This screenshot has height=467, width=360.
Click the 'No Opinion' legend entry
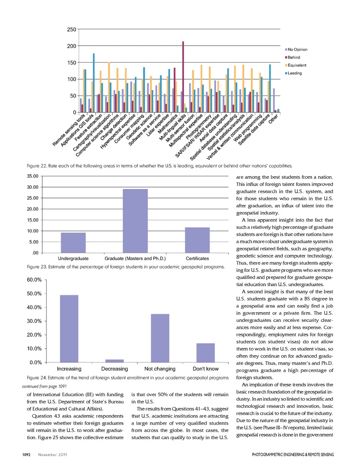[x=297, y=50]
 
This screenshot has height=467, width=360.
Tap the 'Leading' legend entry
[x=294, y=73]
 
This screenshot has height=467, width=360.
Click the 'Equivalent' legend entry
[x=297, y=65]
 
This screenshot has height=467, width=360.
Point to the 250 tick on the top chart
[x=71, y=30]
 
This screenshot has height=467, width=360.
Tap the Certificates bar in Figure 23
[x=197, y=240]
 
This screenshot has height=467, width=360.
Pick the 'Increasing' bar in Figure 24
[x=69, y=328]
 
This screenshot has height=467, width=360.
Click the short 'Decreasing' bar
[x=114, y=361]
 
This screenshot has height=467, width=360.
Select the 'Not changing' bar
[x=160, y=338]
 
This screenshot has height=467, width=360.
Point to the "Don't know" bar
[x=205, y=353]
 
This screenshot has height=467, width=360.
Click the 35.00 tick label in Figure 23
[x=33, y=176]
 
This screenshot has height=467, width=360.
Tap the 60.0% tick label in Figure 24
[x=34, y=280]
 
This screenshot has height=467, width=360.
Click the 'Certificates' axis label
[x=197, y=258]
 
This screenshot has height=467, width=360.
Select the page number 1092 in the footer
[x=26, y=455]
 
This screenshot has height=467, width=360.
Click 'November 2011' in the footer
[x=52, y=455]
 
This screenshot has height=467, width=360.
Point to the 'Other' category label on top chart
[x=273, y=119]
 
